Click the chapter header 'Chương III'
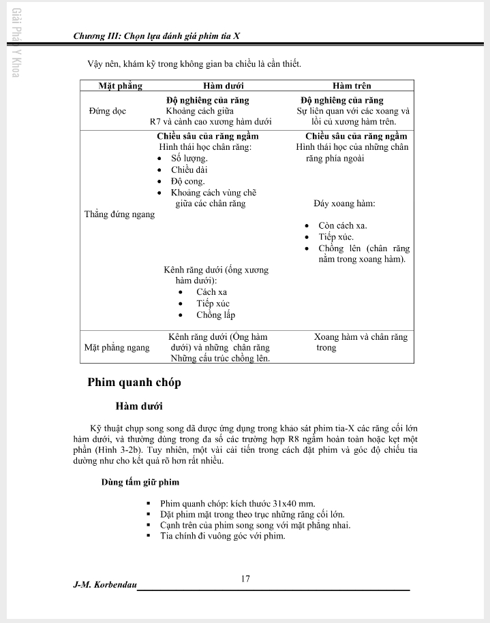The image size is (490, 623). (95, 37)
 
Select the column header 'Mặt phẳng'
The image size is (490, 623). (120, 86)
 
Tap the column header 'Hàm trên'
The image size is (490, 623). (352, 86)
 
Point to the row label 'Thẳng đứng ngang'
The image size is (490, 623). (119, 214)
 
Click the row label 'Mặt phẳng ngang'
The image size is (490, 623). (117, 347)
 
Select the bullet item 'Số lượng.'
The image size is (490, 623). (189, 158)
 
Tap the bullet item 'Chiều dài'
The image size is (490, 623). (189, 170)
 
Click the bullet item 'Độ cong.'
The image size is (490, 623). (187, 181)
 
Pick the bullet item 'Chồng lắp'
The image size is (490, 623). (215, 315)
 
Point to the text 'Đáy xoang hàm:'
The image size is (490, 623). (344, 203)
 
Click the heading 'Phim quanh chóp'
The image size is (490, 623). (134, 382)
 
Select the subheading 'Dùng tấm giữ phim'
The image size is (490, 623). (140, 482)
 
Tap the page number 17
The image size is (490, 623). (245, 579)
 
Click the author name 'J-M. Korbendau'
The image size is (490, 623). (104, 586)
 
